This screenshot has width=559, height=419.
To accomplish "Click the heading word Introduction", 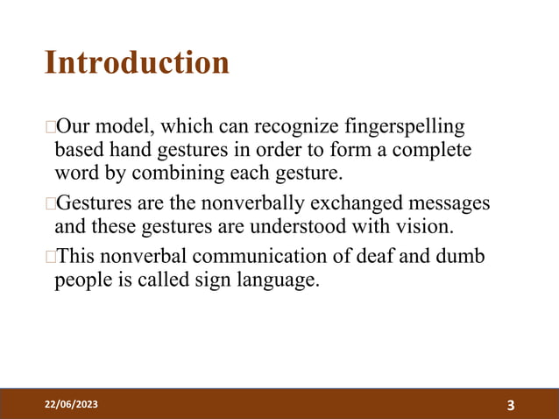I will pos(137,63).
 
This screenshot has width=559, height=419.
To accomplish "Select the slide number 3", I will pos(511,404).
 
